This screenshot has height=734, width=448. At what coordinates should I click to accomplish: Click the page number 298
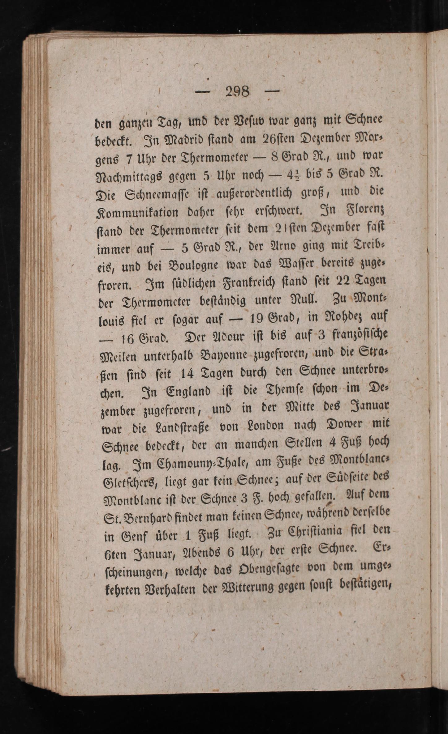click(237, 91)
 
